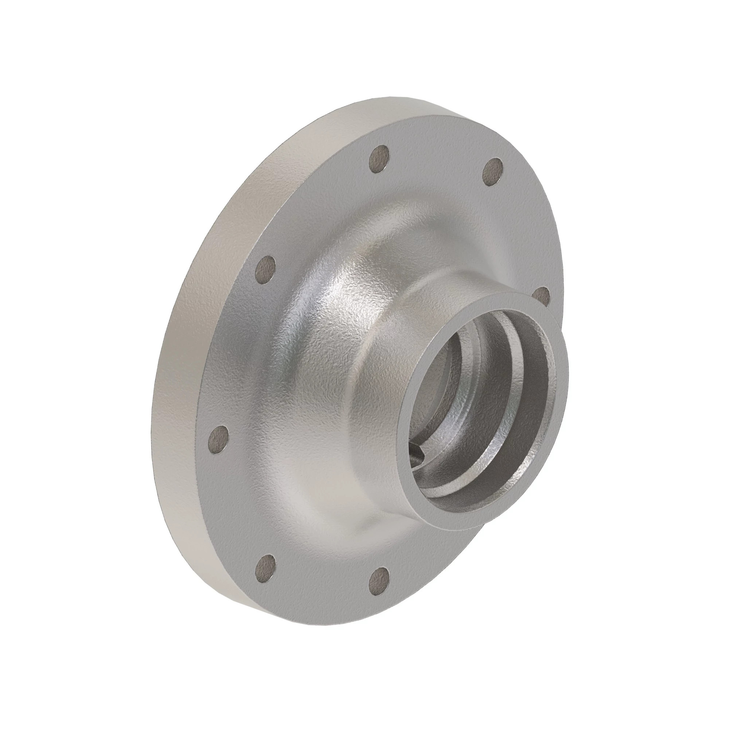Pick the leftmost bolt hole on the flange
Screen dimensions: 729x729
[x=219, y=440]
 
